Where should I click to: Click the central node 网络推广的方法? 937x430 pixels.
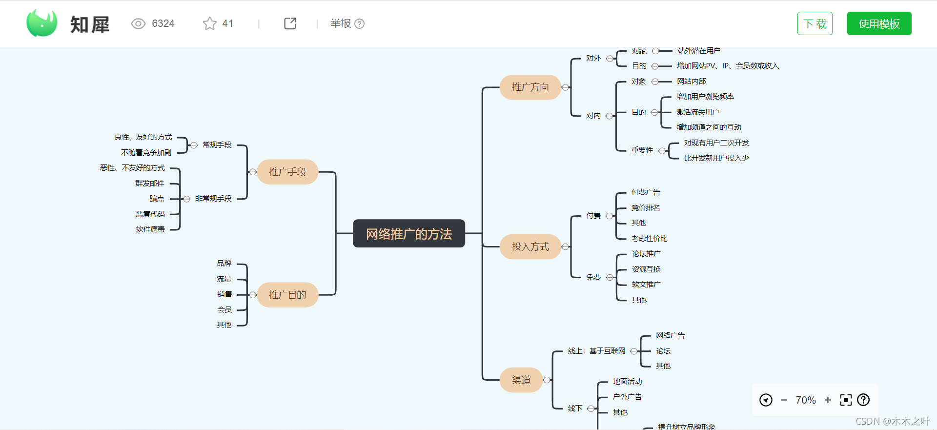pyautogui.click(x=409, y=234)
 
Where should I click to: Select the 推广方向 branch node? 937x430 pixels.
pyautogui.click(x=530, y=87)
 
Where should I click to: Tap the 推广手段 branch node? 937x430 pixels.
pyautogui.click(x=287, y=172)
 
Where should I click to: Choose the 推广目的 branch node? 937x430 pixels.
pyautogui.click(x=287, y=295)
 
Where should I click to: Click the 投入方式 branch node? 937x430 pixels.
pyautogui.click(x=530, y=246)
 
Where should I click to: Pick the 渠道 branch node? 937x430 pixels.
pyautogui.click(x=521, y=380)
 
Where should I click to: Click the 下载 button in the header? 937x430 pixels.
pyautogui.click(x=815, y=23)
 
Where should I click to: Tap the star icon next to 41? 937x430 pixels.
pyautogui.click(x=210, y=23)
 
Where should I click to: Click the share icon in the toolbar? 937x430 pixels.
pyautogui.click(x=290, y=23)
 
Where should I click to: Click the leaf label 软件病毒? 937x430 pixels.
pyautogui.click(x=150, y=229)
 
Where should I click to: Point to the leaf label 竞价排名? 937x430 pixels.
pyautogui.click(x=645, y=208)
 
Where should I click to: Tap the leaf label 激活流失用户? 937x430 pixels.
pyautogui.click(x=698, y=112)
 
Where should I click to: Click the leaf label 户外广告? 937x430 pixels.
pyautogui.click(x=627, y=397)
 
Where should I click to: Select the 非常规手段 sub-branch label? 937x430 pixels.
pyautogui.click(x=213, y=199)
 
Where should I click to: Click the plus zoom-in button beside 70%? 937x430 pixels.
pyautogui.click(x=828, y=400)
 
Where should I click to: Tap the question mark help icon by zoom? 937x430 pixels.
pyautogui.click(x=863, y=400)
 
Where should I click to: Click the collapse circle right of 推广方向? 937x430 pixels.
pyautogui.click(x=565, y=87)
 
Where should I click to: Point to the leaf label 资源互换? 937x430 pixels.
pyautogui.click(x=646, y=269)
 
